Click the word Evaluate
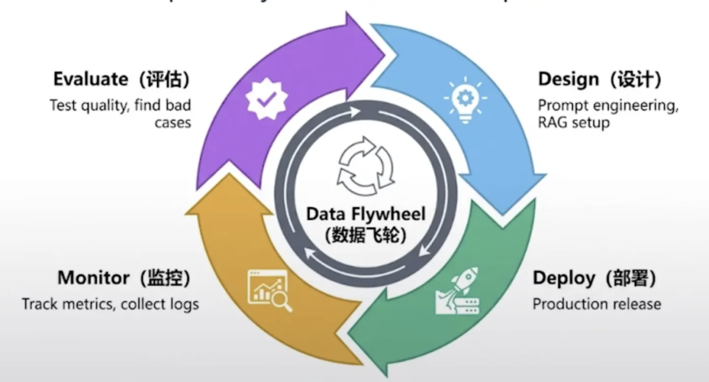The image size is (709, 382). coord(91,79)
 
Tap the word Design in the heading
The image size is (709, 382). coord(569,79)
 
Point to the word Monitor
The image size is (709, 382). coord(93,278)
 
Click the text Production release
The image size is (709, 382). coord(596,304)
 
